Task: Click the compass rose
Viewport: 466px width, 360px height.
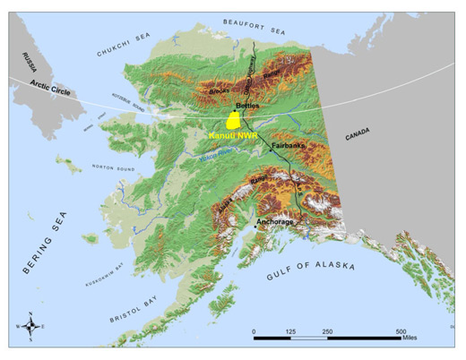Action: [x=30, y=329]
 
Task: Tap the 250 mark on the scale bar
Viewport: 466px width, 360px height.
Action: [x=327, y=331]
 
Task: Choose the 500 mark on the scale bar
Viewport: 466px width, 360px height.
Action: [x=401, y=331]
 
